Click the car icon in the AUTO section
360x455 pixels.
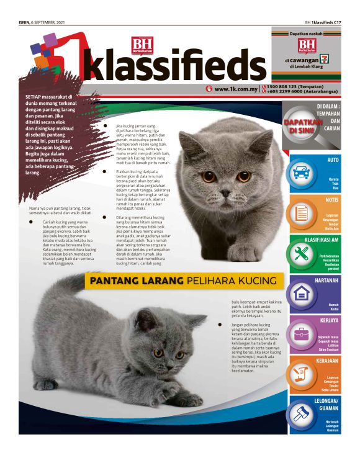(x=302, y=172)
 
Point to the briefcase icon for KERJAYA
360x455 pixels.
(x=302, y=333)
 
